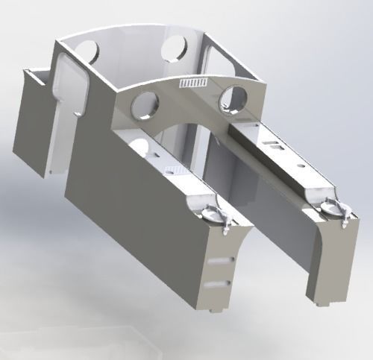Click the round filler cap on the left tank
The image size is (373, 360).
(x=210, y=212)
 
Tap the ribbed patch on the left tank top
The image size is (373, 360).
(x=170, y=168)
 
